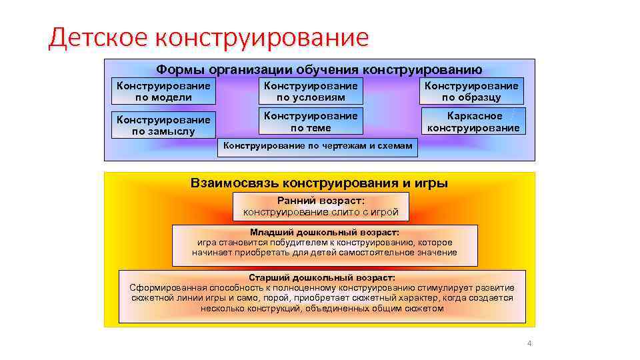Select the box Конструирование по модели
(x=163, y=91)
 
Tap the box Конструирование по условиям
(x=311, y=91)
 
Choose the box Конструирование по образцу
(x=471, y=91)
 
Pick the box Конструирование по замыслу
(x=163, y=125)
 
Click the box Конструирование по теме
(x=311, y=121)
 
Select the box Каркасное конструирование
(x=473, y=121)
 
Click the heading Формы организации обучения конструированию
(x=319, y=70)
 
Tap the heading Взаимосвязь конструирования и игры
(x=319, y=183)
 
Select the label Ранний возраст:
(x=321, y=200)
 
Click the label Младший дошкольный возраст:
(x=325, y=233)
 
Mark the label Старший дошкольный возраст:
(x=321, y=277)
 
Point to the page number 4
(x=529, y=344)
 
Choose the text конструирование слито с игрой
(x=321, y=212)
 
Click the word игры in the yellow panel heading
(x=434, y=183)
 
